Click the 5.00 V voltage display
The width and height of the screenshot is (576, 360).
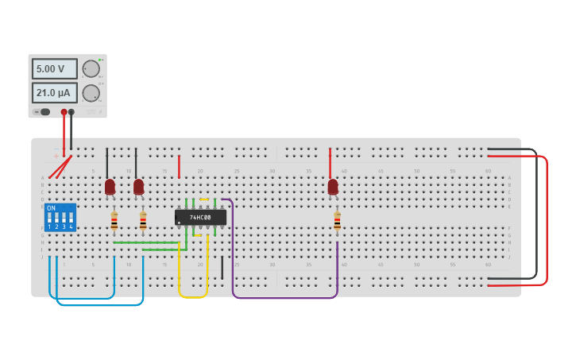point(54,69)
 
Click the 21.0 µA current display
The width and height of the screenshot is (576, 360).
point(54,93)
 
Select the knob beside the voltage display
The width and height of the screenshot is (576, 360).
point(91,69)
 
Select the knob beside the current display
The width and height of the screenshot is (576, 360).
point(91,93)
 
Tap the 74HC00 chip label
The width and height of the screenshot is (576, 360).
point(200,217)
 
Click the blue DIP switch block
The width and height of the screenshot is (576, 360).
point(60,217)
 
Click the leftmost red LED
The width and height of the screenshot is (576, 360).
point(110,187)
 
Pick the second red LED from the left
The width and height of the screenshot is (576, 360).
point(138,187)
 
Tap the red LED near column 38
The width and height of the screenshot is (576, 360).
point(333,187)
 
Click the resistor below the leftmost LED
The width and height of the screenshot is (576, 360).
point(114,220)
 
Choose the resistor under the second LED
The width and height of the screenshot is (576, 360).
point(143,220)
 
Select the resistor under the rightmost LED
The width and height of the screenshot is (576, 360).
point(337,220)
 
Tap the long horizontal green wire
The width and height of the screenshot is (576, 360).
point(147,242)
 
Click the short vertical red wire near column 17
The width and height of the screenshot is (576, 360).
point(179,166)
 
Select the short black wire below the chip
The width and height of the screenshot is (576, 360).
point(222,267)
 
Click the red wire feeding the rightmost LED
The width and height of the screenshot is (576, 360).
point(331,162)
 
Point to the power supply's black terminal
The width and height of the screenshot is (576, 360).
point(72,112)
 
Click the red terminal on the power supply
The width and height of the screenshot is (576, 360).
point(64,112)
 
